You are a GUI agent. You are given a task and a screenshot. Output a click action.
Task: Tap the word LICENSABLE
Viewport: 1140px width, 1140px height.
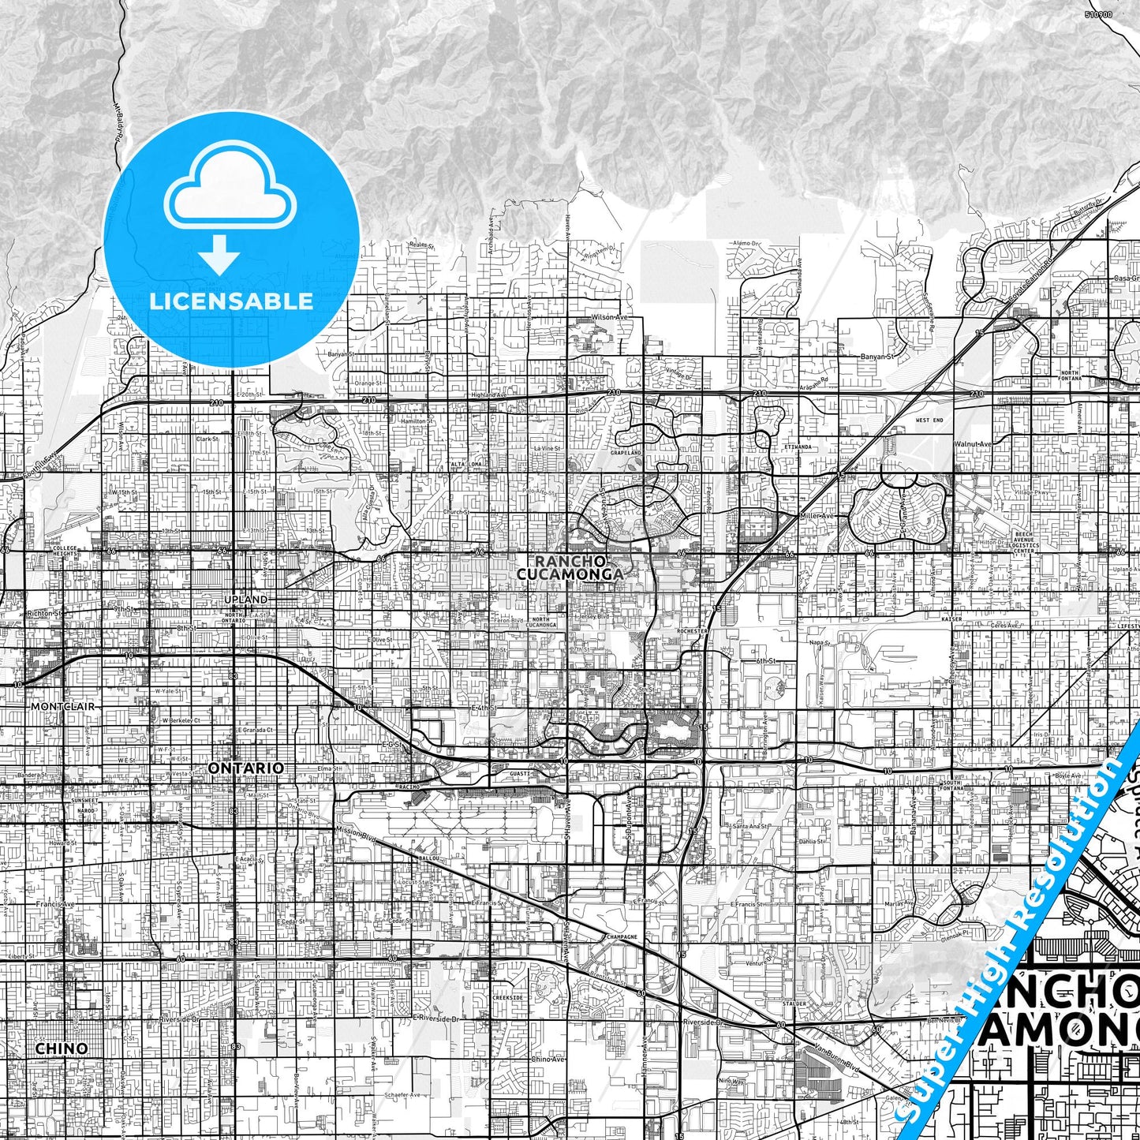(x=231, y=301)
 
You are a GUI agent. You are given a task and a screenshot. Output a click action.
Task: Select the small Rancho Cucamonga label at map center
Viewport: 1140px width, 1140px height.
(x=570, y=567)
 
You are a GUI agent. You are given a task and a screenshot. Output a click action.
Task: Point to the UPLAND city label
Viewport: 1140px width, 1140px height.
(x=245, y=600)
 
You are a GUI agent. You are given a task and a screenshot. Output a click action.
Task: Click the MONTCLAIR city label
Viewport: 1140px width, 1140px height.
(x=62, y=706)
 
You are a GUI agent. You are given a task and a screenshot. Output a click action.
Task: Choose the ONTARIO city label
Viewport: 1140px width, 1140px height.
(x=245, y=767)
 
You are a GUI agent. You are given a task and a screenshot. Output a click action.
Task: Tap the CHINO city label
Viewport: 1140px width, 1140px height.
(x=62, y=1048)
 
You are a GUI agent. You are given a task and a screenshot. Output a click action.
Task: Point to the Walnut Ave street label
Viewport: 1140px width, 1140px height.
(x=972, y=444)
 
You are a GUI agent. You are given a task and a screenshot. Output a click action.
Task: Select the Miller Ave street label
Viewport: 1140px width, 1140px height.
(x=817, y=515)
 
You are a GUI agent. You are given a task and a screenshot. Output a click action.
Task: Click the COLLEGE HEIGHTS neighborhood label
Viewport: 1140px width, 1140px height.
(x=66, y=551)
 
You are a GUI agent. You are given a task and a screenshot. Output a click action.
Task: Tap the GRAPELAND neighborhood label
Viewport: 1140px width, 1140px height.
(x=624, y=453)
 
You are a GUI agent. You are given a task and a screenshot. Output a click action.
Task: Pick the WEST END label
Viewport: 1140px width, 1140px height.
(x=929, y=420)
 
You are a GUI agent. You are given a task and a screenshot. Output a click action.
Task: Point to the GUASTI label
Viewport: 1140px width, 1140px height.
(x=520, y=774)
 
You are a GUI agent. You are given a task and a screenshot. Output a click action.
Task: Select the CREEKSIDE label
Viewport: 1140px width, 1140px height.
(x=507, y=997)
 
